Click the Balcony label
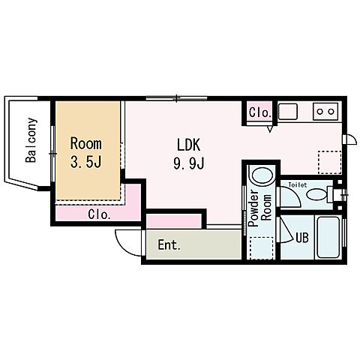coord(31,140)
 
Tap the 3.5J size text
coord(85,162)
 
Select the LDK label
coord(189,145)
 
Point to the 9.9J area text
coord(189,163)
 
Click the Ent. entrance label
coord(169,245)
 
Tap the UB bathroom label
coord(302,238)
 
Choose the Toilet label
coord(298,185)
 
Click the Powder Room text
coord(260,208)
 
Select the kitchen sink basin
coord(288,111)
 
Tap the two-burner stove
coord(325,111)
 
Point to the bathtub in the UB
coord(328,237)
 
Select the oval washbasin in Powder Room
coord(262,175)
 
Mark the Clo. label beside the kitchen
coord(260,112)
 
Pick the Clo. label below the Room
coord(99,214)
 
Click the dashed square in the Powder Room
coord(261,248)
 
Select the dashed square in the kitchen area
coord(330,162)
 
